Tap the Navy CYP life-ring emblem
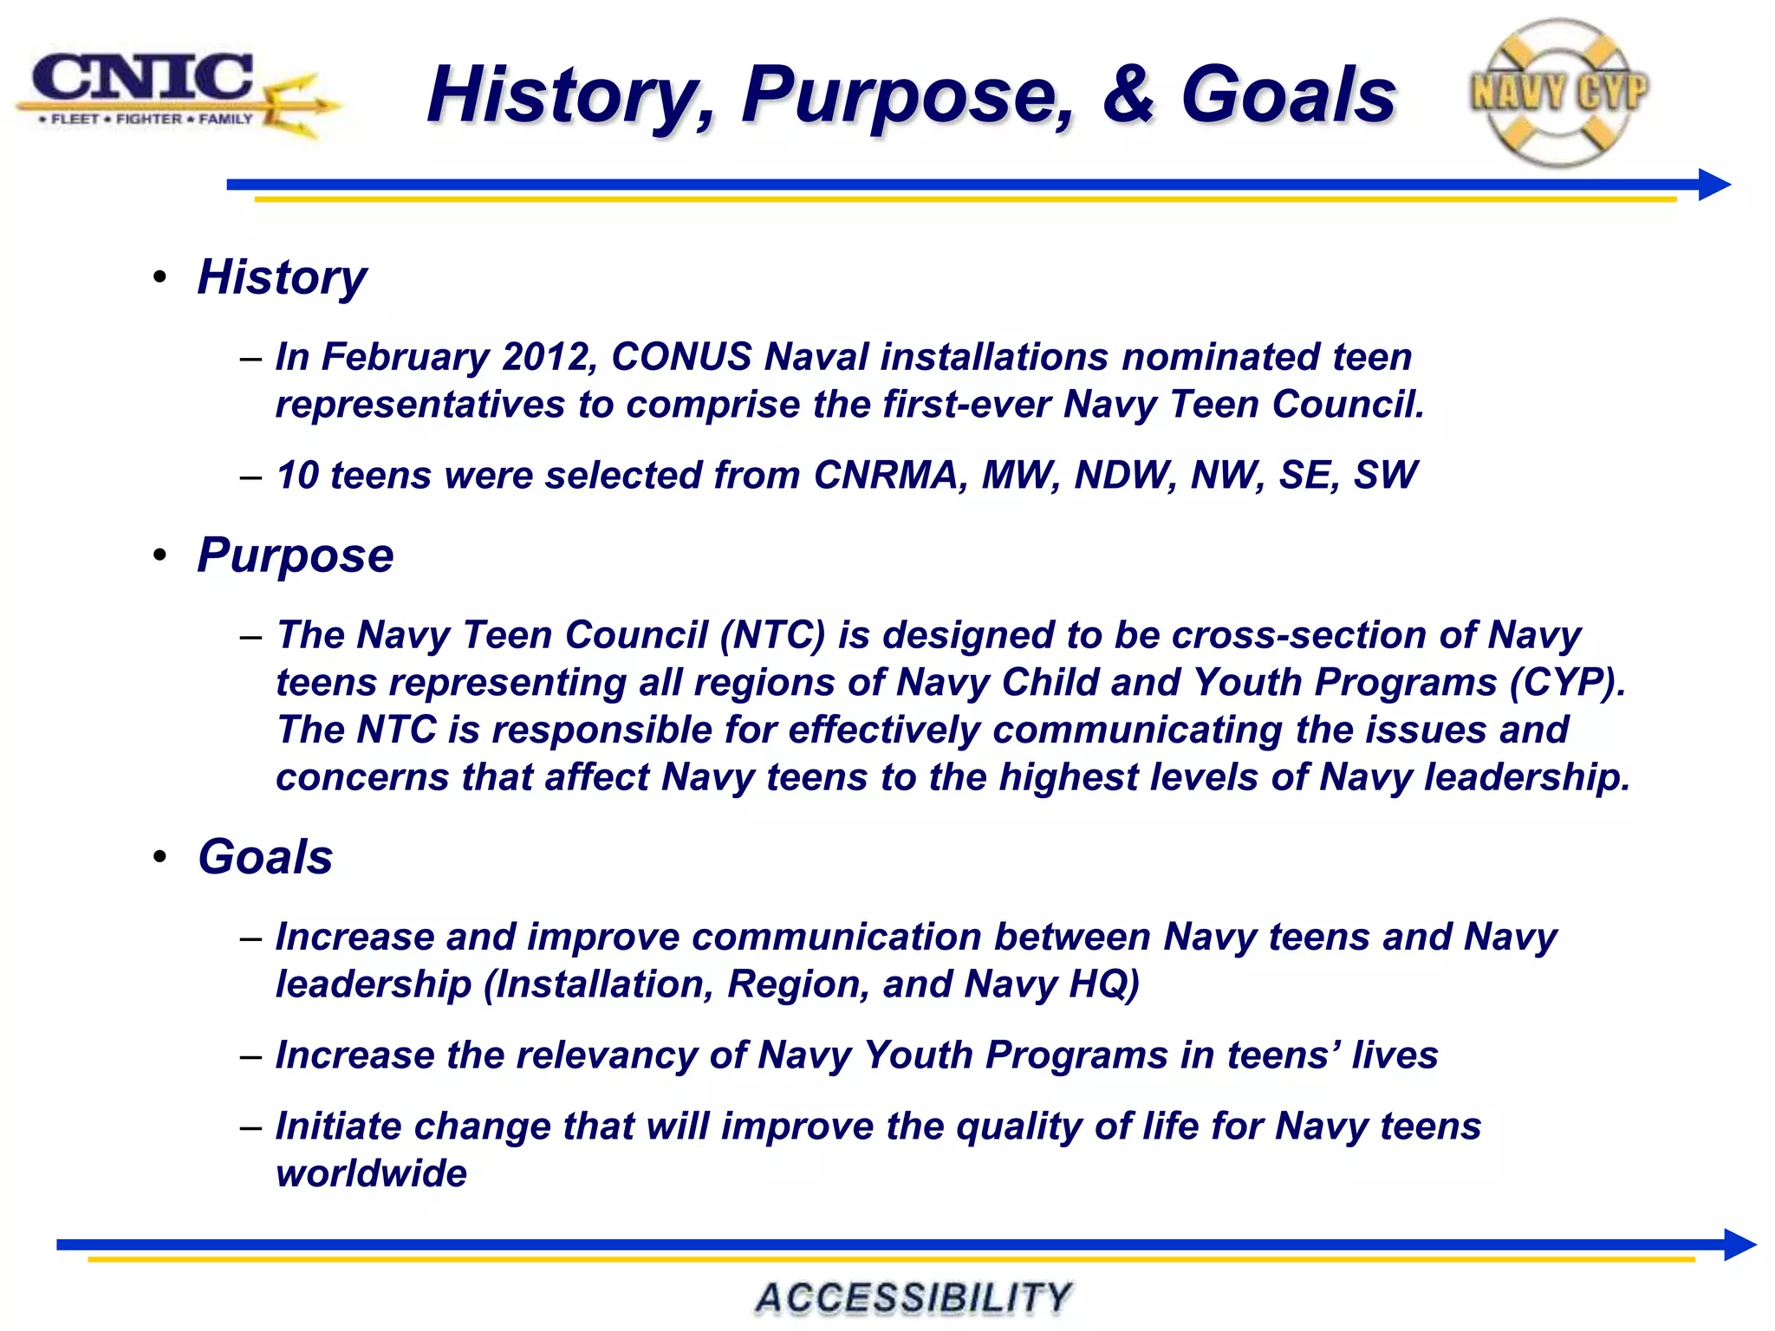(1558, 93)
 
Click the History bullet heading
(282, 278)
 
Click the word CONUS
(681, 357)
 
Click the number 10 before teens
(297, 475)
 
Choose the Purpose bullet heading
(295, 555)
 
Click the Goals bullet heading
(265, 857)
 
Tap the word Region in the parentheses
(797, 984)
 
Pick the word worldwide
(371, 1173)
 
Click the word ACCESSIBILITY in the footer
(914, 1298)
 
